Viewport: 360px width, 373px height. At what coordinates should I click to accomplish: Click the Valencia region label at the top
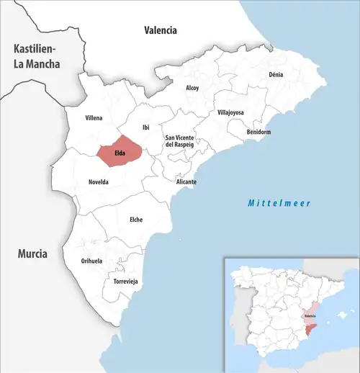160,30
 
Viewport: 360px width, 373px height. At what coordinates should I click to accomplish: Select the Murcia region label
32,253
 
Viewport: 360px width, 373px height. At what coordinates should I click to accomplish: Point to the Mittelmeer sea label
279,204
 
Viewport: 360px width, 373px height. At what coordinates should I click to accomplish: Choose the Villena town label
94,117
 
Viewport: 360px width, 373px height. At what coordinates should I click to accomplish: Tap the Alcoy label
192,88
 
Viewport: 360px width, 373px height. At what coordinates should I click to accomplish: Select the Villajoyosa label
230,113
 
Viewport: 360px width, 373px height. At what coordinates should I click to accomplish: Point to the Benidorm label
258,132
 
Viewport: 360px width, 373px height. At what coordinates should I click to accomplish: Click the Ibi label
146,127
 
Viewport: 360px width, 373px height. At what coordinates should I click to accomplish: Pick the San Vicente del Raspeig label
180,141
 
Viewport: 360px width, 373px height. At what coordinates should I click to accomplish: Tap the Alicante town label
186,182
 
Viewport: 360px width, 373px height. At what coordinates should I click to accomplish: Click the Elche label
135,219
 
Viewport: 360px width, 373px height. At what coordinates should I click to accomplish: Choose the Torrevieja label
125,281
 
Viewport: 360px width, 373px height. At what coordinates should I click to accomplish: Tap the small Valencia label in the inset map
310,315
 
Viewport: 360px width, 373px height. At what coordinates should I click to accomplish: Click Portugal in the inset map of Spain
242,317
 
